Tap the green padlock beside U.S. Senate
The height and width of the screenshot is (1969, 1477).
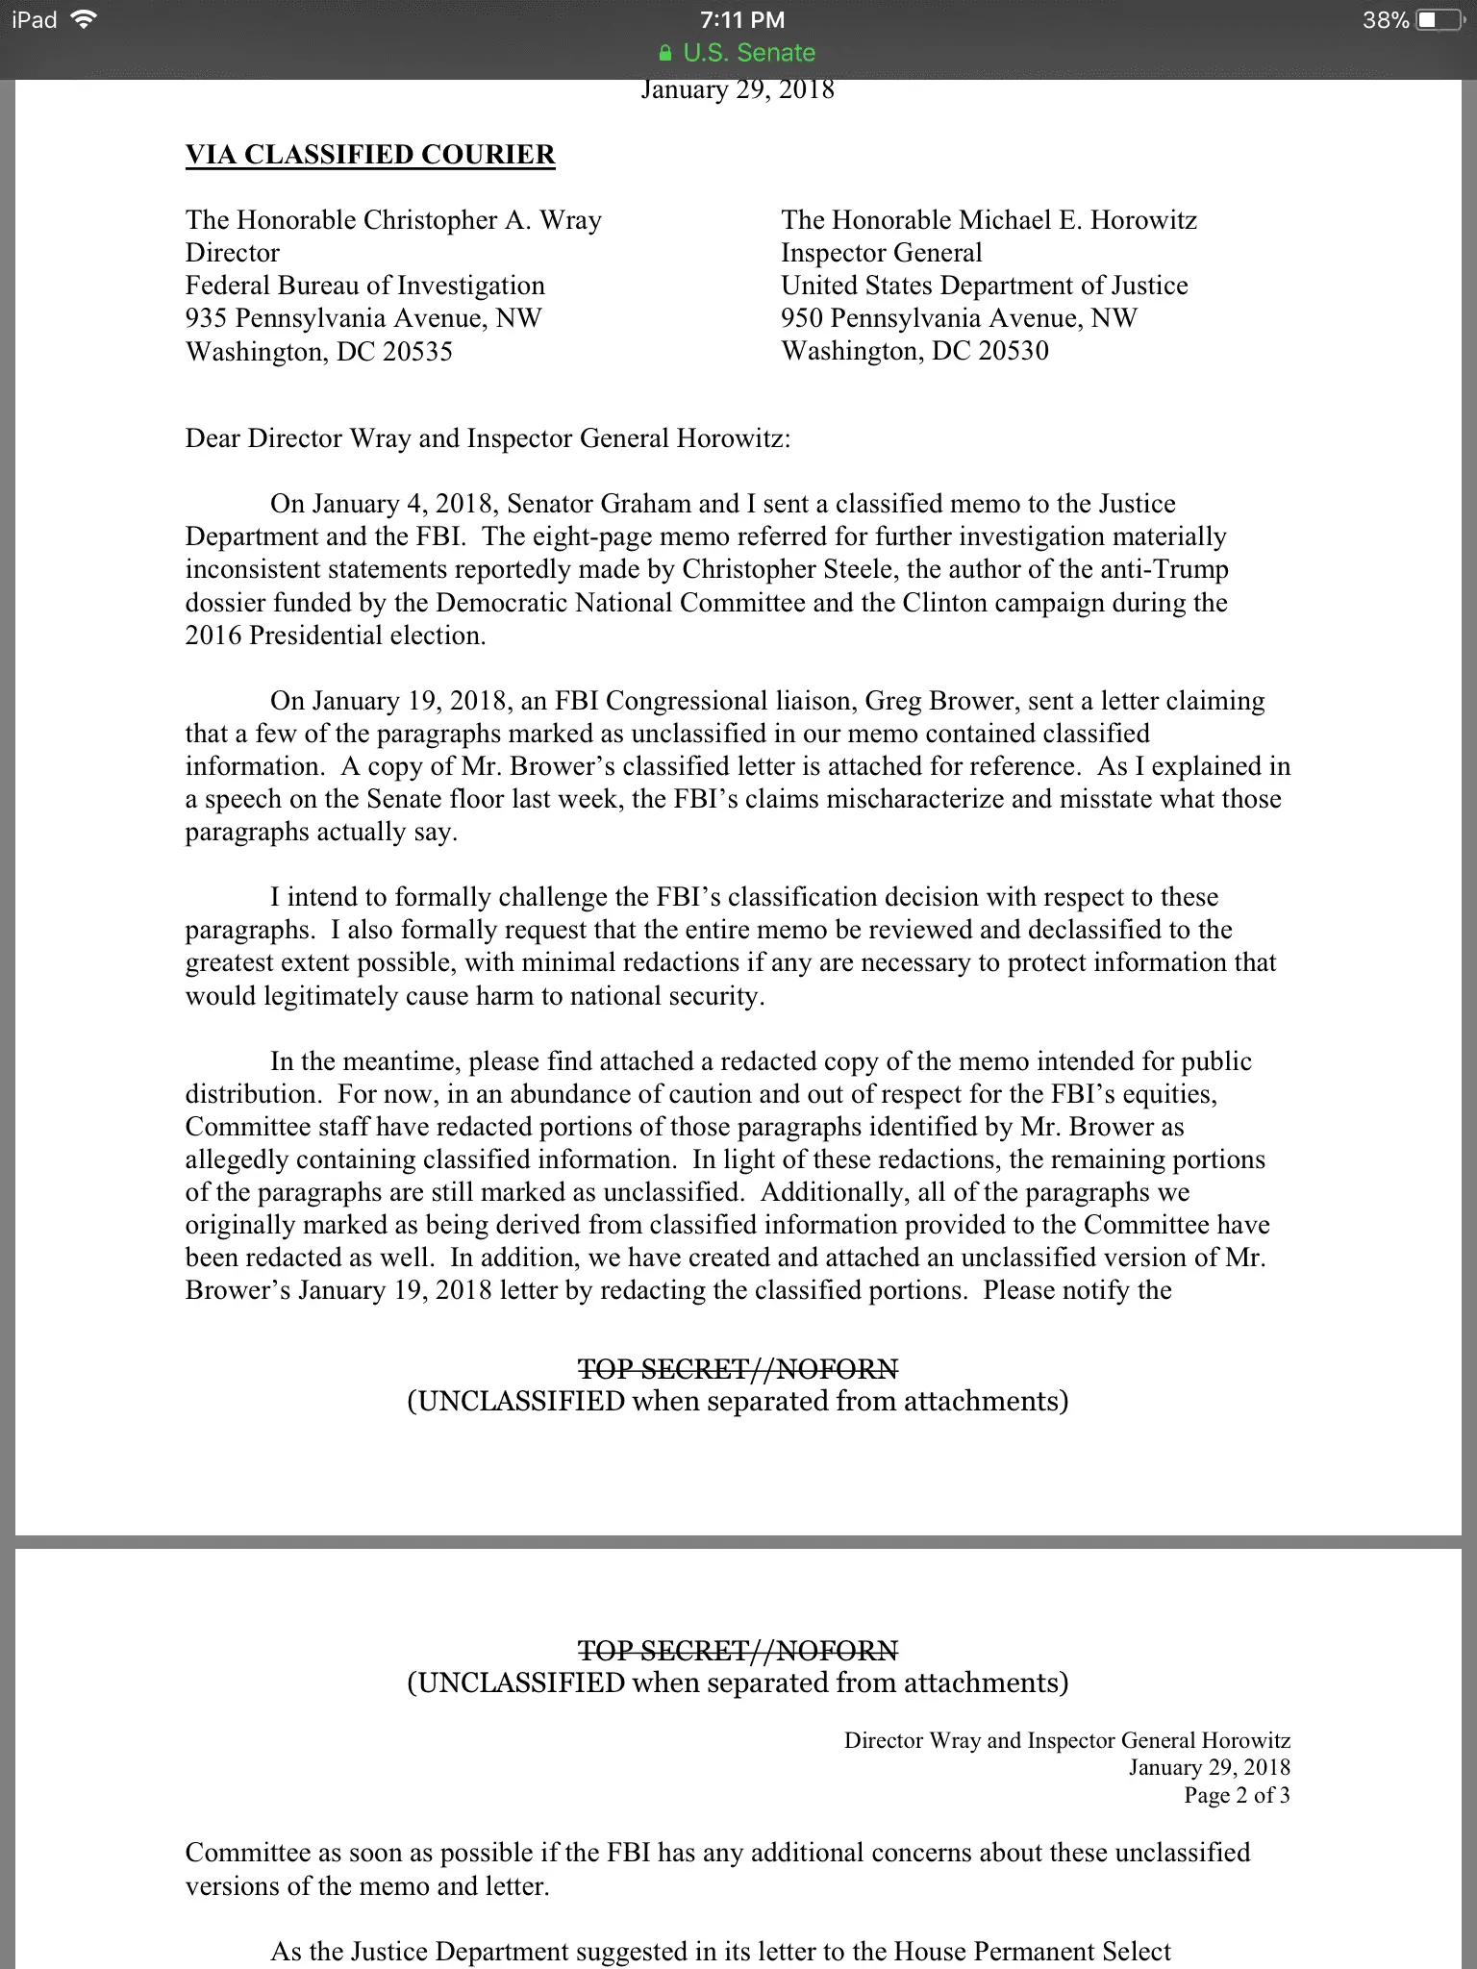(x=665, y=54)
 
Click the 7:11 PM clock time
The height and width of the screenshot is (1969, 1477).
(x=741, y=20)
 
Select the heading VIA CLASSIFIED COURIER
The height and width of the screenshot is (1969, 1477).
(x=370, y=155)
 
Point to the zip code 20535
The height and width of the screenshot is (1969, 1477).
(x=417, y=352)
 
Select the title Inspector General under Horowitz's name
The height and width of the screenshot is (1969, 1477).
(x=881, y=253)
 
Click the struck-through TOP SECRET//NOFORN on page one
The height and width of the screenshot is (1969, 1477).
(x=738, y=1368)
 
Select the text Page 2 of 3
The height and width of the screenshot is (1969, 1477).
(x=1237, y=1795)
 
